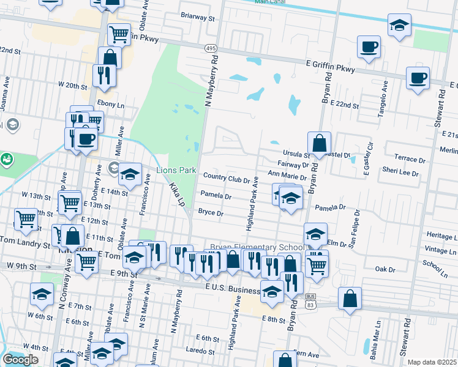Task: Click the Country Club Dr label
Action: tap(227, 179)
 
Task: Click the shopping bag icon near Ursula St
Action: tap(319, 144)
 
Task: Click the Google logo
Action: tap(20, 360)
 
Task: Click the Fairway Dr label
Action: tap(293, 165)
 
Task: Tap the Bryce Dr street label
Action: tap(210, 213)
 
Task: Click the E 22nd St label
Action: tap(344, 105)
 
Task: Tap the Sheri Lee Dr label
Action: tap(399, 173)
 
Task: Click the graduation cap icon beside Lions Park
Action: tap(130, 175)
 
